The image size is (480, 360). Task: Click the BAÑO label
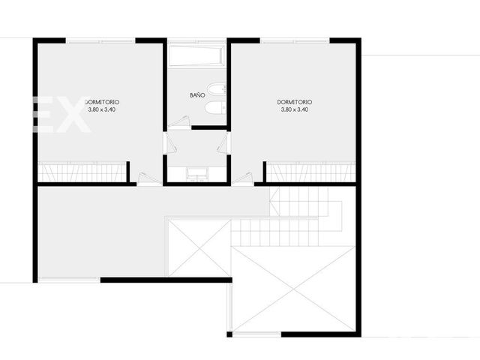pos(197,95)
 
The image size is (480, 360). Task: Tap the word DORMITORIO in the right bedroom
pos(295,102)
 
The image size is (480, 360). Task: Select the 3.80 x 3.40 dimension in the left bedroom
pos(102,109)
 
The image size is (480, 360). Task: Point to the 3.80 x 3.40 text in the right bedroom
pos(295,109)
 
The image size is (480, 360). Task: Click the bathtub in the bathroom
pos(196,55)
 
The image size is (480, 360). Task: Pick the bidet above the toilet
pos(216,89)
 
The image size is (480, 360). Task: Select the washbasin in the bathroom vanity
pos(196,174)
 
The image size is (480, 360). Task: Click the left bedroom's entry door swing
pos(149,178)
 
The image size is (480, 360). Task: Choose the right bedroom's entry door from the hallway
pos(242,178)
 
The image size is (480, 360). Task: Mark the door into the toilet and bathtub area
pos(178,121)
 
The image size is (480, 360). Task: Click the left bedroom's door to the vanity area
pos(170,143)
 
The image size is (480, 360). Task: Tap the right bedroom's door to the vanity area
pos(223,143)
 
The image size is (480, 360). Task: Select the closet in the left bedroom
pos(82,172)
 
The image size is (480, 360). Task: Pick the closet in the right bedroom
pos(311,172)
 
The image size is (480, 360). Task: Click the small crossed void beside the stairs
pos(199,248)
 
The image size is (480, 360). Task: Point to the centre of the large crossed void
pos(293,289)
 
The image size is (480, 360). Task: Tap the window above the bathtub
pos(196,40)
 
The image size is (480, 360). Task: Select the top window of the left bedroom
pos(100,40)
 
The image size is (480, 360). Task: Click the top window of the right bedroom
pos(295,40)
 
